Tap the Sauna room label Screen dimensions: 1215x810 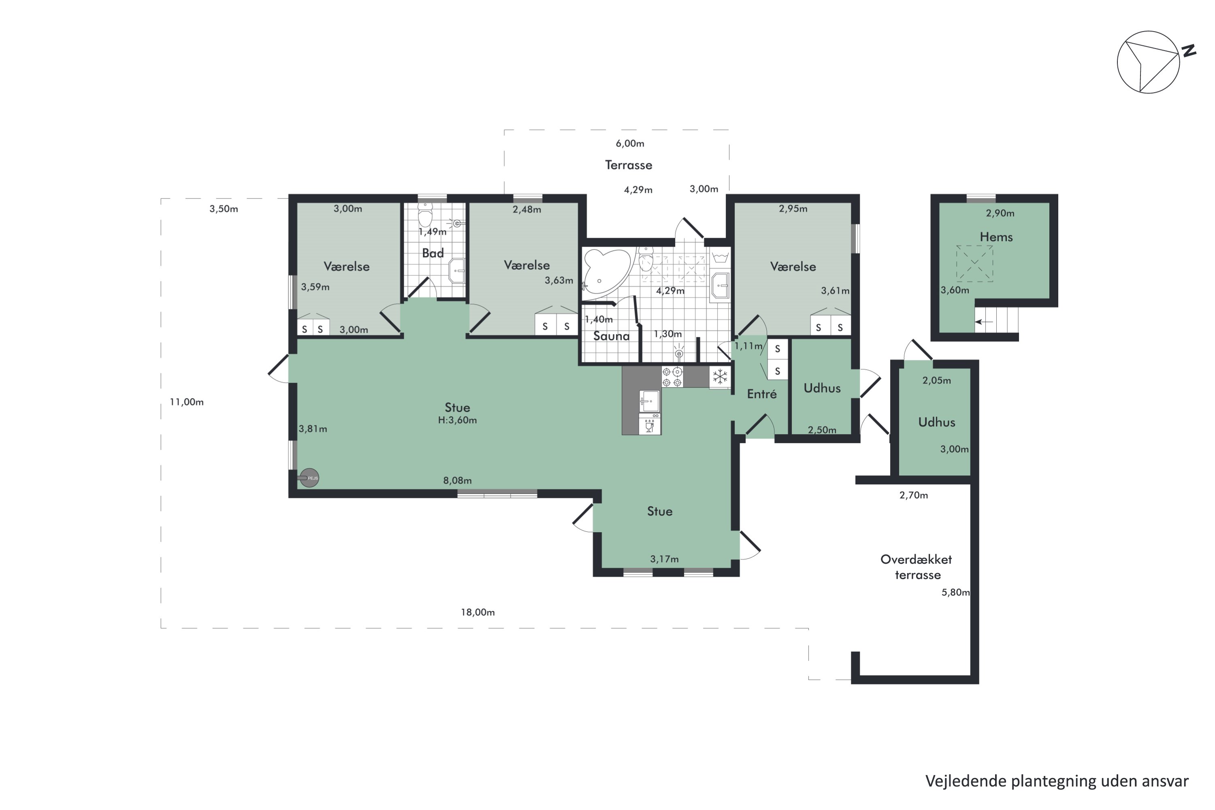(x=611, y=336)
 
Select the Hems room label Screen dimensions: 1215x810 (x=996, y=237)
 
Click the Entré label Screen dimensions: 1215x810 (x=762, y=394)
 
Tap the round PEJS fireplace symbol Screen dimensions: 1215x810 (x=309, y=478)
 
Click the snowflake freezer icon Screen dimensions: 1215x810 (x=720, y=377)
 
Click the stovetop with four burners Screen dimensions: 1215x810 (x=672, y=377)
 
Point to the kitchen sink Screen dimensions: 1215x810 (x=649, y=401)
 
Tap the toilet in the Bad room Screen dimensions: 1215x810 (x=425, y=215)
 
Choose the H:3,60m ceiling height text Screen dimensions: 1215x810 (x=457, y=420)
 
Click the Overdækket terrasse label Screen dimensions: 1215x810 (x=917, y=567)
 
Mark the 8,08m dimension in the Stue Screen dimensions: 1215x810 (x=457, y=480)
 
